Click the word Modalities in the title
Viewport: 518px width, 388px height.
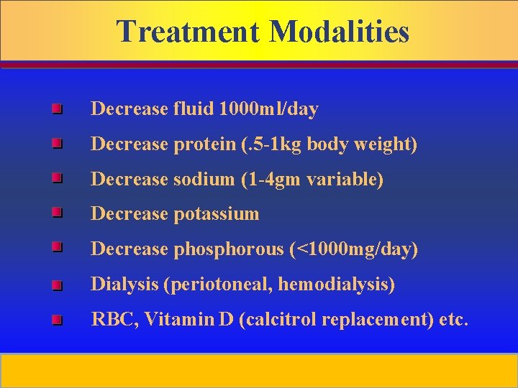(340, 32)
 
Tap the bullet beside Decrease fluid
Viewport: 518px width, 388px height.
(57, 109)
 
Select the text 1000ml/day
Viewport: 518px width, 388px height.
(269, 109)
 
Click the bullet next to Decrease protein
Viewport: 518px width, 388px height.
(57, 144)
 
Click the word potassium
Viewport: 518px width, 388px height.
(216, 213)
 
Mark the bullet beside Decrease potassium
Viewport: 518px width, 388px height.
(57, 213)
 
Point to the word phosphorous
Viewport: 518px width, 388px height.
(229, 249)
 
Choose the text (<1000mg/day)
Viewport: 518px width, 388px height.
(354, 249)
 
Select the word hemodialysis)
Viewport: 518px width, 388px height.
(337, 285)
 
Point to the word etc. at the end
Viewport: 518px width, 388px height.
(454, 320)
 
